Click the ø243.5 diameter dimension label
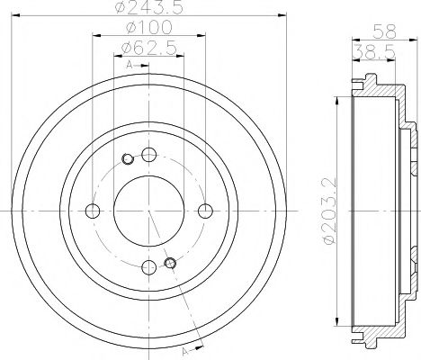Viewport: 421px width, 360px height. [x=148, y=12]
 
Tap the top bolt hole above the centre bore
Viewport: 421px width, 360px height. [x=148, y=154]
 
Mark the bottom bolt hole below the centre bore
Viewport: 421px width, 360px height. [x=148, y=266]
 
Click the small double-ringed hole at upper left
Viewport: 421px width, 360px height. [x=127, y=159]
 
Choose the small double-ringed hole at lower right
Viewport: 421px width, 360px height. [x=171, y=263]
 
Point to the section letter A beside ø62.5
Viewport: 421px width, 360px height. [x=129, y=66]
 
